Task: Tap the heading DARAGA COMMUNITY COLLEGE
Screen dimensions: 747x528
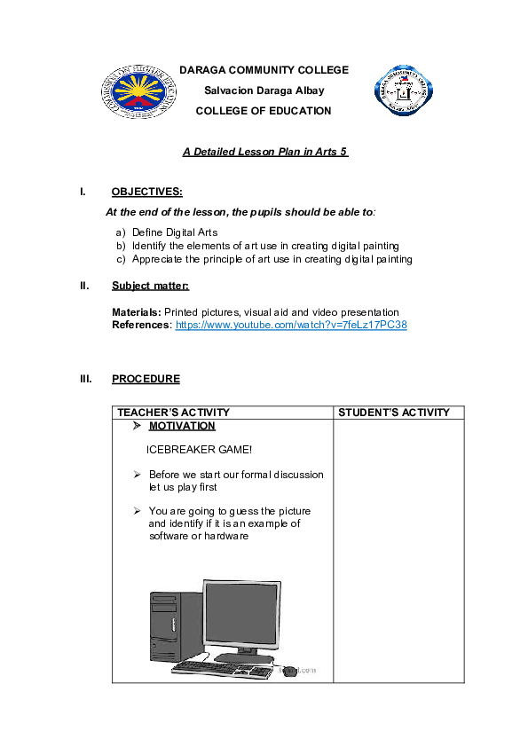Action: click(x=264, y=70)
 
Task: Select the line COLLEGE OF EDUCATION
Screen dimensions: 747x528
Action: click(x=264, y=111)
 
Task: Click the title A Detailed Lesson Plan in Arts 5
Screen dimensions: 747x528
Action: click(x=264, y=152)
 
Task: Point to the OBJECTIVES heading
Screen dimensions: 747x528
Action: click(x=147, y=192)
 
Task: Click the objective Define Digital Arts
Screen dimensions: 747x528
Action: click(x=175, y=232)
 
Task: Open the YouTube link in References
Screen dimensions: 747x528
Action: click(x=291, y=326)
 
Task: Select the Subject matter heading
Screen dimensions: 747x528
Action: click(x=150, y=286)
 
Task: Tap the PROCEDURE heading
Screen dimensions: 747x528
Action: click(x=146, y=379)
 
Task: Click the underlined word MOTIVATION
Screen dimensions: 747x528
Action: click(x=182, y=426)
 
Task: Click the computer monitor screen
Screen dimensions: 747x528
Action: click(x=241, y=615)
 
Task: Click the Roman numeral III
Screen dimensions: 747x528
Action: click(x=85, y=379)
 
